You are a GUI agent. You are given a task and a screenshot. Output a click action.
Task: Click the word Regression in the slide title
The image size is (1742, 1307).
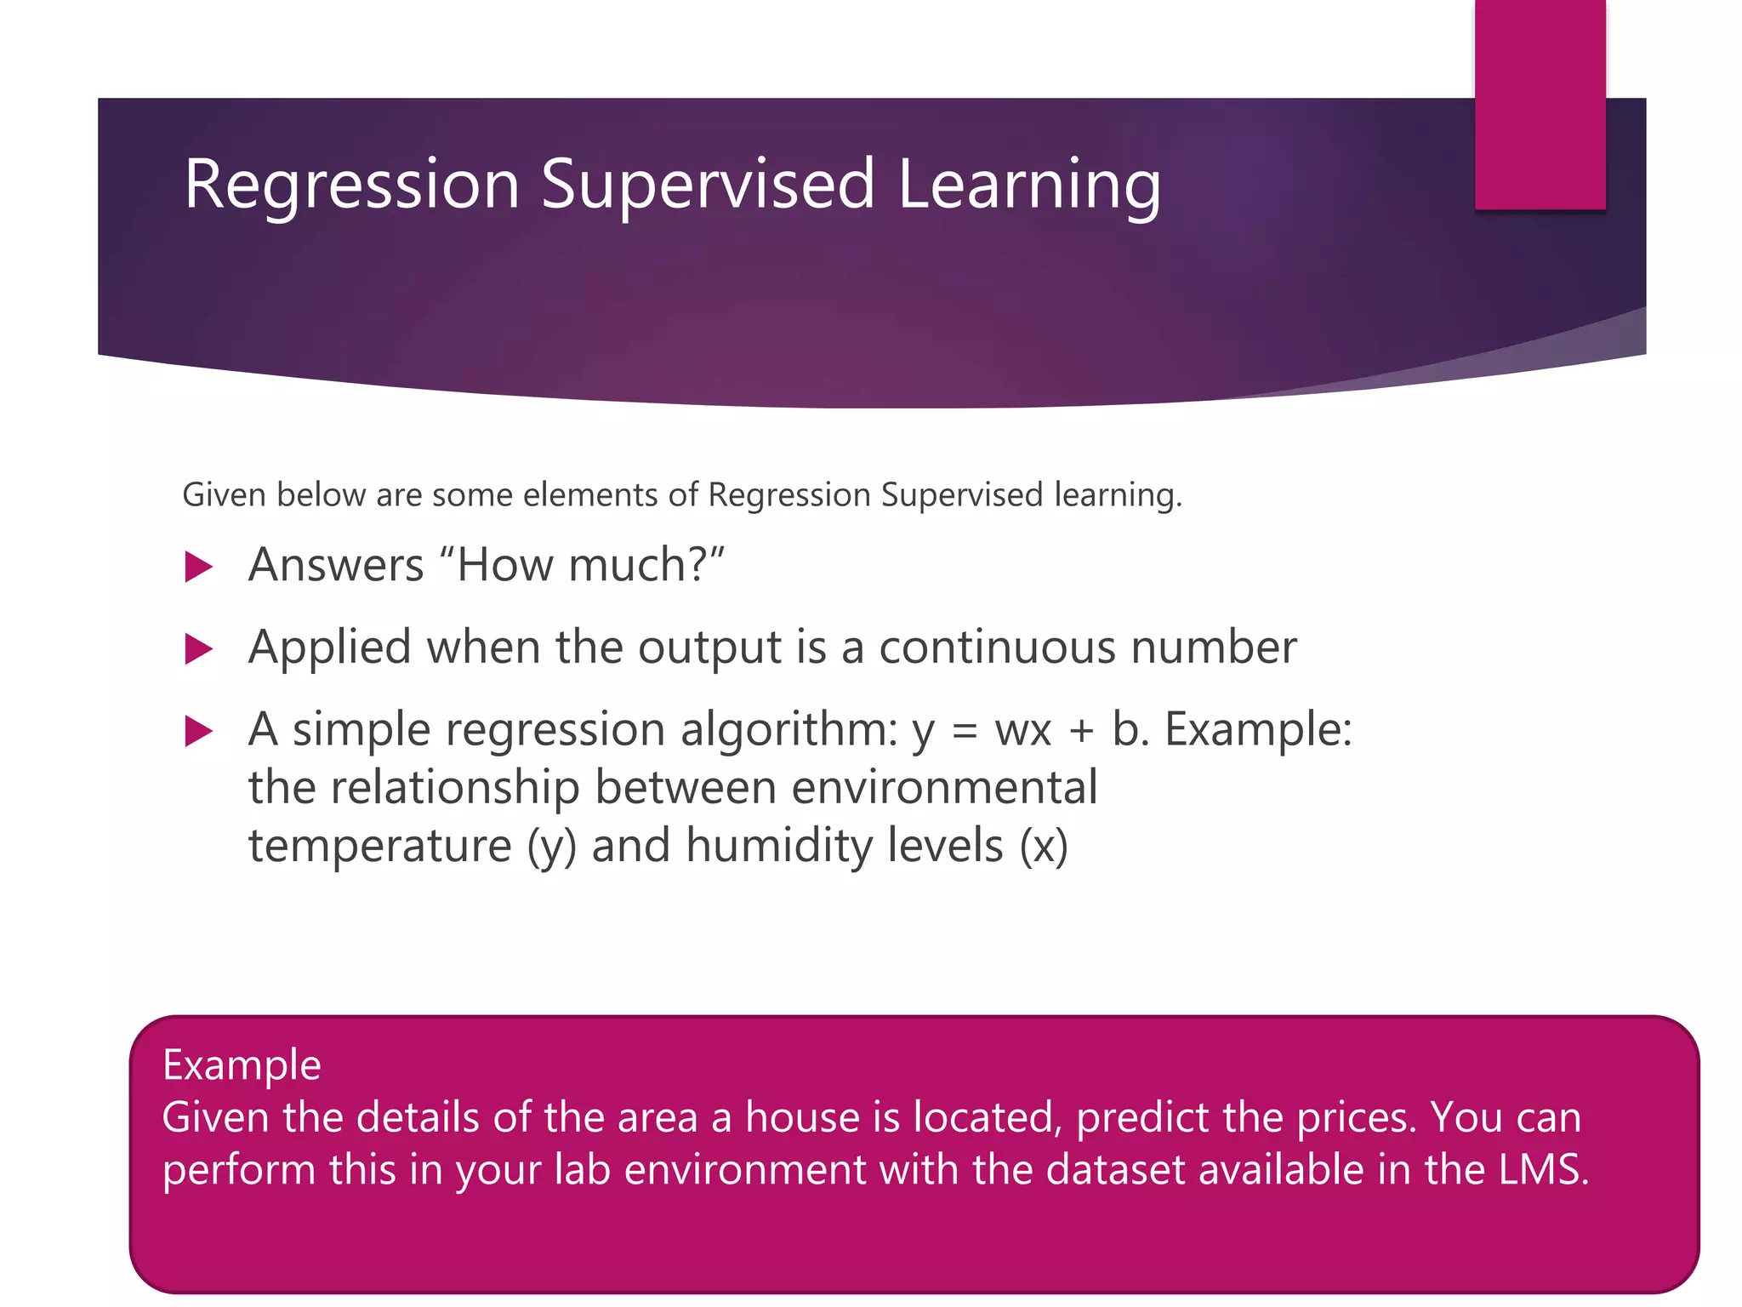tap(351, 185)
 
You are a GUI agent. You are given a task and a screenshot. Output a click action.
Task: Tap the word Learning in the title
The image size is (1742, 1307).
tap(1029, 185)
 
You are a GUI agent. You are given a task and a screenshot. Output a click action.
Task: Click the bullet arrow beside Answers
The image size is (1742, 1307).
tap(197, 567)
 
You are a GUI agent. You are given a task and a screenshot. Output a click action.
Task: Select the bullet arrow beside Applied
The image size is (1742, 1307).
tap(197, 649)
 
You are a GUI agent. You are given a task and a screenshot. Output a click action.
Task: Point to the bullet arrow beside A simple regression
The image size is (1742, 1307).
tap(197, 731)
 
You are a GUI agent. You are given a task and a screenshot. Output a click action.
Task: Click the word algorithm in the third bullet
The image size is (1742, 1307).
tap(788, 730)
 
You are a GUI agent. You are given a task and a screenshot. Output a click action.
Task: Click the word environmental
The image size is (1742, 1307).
tap(944, 787)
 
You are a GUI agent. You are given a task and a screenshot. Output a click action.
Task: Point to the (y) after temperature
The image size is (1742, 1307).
tap(551, 847)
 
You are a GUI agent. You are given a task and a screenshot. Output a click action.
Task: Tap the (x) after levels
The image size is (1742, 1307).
tap(1044, 847)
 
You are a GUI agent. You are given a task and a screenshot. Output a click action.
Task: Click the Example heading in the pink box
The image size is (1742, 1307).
tap(242, 1065)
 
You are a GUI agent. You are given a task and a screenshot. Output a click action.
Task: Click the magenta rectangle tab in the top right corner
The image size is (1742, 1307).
tap(1540, 104)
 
